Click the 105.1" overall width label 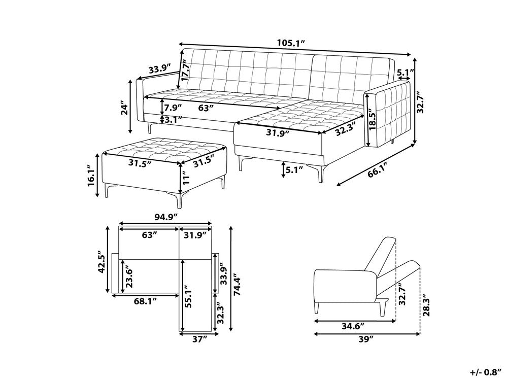(291, 43)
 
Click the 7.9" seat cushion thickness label (173, 107)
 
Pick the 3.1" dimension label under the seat (173, 120)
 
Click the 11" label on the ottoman (186, 178)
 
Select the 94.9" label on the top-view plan (166, 217)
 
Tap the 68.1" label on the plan (146, 302)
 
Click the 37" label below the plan (200, 339)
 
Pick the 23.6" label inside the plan (129, 278)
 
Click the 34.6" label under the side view (354, 326)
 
